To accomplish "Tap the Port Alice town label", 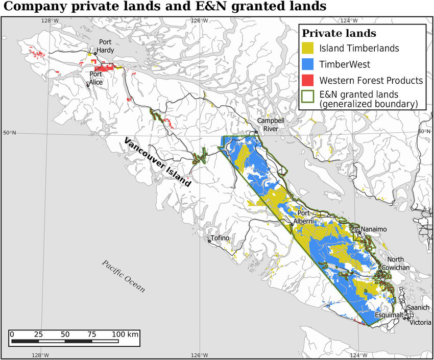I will pos(97,78).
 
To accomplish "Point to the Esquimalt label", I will pos(390,315).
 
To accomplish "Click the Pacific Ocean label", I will pos(123,276).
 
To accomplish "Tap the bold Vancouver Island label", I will pos(158,161).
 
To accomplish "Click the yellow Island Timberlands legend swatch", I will pos(308,49).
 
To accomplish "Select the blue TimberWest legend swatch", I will pos(308,64).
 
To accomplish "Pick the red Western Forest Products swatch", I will pos(308,80).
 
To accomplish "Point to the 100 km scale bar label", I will pos(125,334).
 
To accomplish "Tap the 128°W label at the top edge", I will pos(50,20).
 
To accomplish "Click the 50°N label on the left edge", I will pos(9,133).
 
